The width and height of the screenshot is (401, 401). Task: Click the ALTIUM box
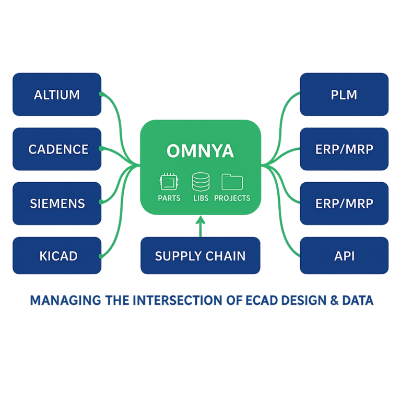(56, 95)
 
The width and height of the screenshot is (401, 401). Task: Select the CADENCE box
(56, 149)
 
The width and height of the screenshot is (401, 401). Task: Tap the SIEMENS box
(56, 203)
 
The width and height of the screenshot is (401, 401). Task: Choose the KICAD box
(56, 256)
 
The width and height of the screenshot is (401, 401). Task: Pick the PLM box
(344, 95)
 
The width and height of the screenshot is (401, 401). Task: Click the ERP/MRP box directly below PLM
(344, 149)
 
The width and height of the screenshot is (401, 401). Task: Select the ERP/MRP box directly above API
(344, 203)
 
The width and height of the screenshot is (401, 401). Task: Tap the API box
(344, 256)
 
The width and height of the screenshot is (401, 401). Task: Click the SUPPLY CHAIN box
(200, 256)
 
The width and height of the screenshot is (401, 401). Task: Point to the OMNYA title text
(200, 151)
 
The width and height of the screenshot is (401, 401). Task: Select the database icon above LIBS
(200, 182)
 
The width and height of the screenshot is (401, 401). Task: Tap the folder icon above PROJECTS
(232, 182)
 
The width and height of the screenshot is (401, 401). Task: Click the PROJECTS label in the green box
(232, 198)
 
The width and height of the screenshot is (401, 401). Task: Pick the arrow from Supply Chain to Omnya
(200, 226)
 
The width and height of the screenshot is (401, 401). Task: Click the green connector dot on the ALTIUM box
(100, 95)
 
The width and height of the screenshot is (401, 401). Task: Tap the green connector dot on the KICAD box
(100, 256)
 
